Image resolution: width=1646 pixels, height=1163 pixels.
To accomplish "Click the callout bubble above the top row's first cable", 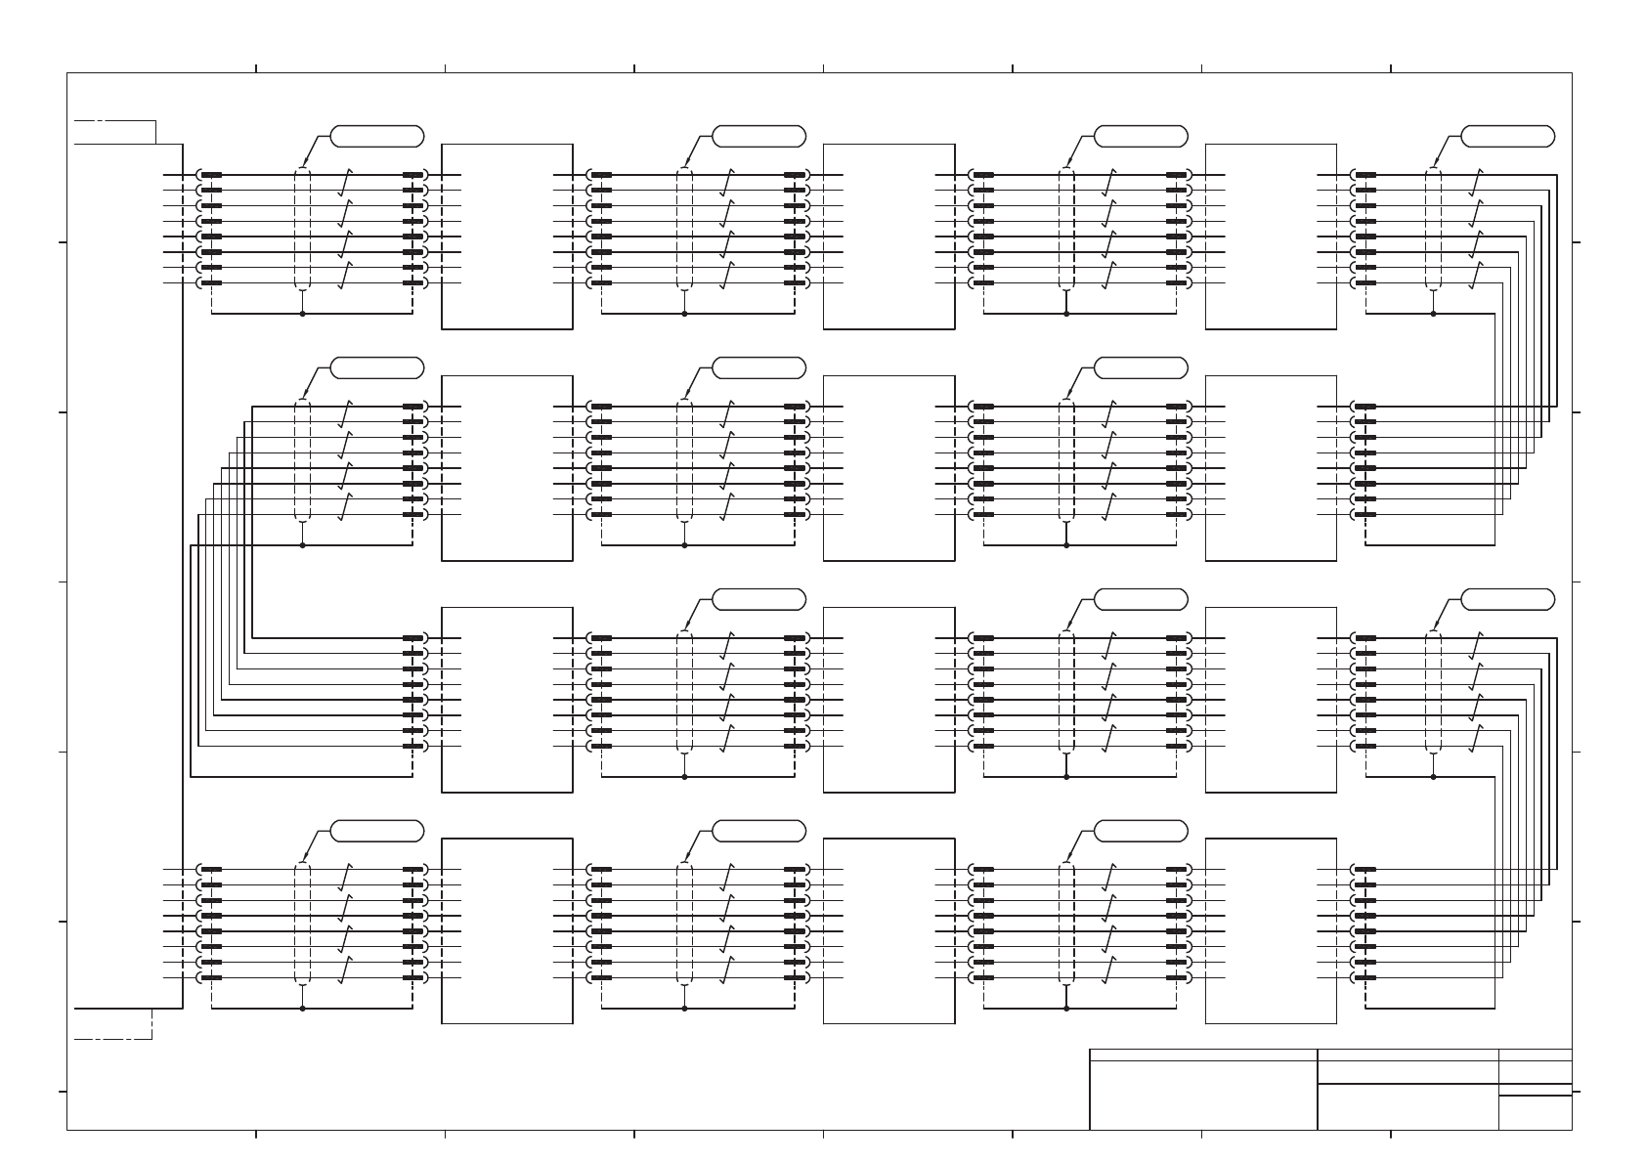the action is pos(377,136).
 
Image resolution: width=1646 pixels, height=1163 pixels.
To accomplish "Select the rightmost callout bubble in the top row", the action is pos(1507,136).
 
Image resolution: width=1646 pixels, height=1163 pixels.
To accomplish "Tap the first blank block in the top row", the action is pos(507,237).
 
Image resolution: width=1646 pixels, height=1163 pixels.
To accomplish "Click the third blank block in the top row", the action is pos(1271,237).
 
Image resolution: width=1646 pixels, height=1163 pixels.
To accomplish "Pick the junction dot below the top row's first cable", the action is pos(302,314).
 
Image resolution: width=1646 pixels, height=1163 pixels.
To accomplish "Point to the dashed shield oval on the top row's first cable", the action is pos(302,229).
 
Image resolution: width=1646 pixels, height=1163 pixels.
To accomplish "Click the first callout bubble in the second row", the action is pos(377,367).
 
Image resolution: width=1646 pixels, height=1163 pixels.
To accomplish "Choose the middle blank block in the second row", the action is pos(888,468).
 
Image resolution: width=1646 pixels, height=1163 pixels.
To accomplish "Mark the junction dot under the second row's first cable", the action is pos(302,545).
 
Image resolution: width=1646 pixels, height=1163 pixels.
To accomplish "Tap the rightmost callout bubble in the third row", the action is pos(1507,599).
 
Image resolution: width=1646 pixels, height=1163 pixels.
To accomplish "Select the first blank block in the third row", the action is pos(507,700).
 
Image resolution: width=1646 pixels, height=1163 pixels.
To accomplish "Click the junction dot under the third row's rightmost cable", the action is pos(1433,777).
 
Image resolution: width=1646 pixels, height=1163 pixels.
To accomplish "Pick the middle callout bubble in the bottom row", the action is pos(759,831).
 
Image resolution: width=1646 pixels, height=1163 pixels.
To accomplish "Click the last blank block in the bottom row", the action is pos(1271,930).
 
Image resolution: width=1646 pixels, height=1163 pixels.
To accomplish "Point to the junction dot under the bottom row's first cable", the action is pos(302,1008).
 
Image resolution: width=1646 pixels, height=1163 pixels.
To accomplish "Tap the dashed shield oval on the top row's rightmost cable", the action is pos(1433,229).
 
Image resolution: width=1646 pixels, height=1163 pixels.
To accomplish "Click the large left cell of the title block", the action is pos(1203,1095).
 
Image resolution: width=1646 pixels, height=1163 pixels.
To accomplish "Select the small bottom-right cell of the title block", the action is pos(1536,1112).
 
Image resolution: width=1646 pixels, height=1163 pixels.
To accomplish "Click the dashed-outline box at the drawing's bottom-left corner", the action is pos(113,1023).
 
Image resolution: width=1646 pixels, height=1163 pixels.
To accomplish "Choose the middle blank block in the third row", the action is pos(888,700).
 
